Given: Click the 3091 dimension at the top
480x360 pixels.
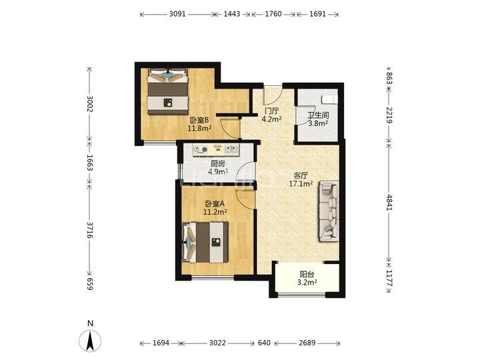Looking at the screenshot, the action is coord(177,14).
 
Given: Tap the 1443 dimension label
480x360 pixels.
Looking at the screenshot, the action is coord(232,14).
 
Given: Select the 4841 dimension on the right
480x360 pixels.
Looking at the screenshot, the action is coord(389,203).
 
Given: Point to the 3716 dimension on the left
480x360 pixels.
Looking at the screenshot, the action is coord(90,230).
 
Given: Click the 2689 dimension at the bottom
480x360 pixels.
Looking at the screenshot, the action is coord(307,343).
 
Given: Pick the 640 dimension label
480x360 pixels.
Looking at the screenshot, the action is coord(264,343).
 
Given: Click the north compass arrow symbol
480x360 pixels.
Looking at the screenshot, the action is coord(90,341).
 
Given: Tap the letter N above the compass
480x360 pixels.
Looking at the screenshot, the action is coord(90,323).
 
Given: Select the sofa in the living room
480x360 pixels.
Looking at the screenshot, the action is coord(329,211).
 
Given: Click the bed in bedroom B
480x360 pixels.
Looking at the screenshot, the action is coord(167,91).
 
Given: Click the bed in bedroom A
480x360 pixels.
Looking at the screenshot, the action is coord(205,242).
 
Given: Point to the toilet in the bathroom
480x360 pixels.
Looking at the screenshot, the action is coord(329,99).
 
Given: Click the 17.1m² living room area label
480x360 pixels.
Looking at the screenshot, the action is coord(301,184).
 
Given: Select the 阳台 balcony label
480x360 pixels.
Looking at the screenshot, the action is coord(307,274).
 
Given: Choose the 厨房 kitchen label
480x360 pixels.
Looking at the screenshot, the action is coord(217,164).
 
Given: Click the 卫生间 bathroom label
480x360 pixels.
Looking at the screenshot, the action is coord(318,115).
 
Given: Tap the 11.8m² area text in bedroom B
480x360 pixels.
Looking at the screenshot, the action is coord(199,128).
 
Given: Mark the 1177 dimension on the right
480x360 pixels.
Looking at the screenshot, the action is coord(389,278).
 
